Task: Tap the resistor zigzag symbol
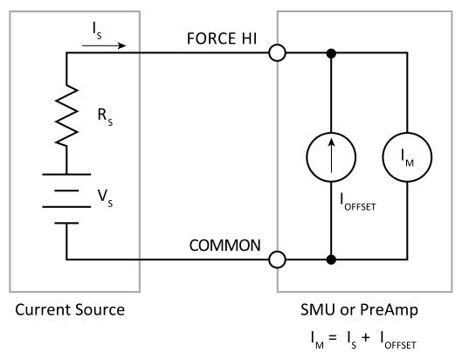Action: tap(66, 115)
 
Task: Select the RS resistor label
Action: tap(105, 117)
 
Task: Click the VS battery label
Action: tap(105, 198)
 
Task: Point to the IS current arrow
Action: tap(104, 45)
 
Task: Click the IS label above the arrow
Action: tap(97, 31)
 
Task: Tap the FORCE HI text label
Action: tap(222, 38)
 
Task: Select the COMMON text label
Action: tap(225, 246)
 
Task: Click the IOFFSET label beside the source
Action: tap(358, 202)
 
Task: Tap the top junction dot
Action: tap(331, 53)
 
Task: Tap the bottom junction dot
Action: tap(331, 260)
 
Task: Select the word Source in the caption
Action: tap(100, 310)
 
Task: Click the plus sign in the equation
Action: tap(366, 337)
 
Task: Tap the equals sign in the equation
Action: tap(333, 337)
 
